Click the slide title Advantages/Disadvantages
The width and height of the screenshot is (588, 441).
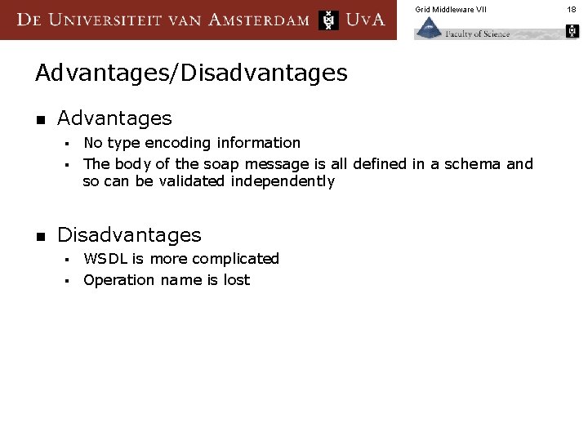[191, 73]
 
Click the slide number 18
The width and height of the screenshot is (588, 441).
[572, 9]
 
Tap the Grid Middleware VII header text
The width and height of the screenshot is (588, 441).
[450, 9]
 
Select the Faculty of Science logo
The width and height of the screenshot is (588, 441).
[462, 29]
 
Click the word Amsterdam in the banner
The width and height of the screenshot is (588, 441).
[260, 20]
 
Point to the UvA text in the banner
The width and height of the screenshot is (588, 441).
[365, 20]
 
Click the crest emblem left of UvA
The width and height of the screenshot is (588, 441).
[328, 20]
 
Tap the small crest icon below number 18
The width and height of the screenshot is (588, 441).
[572, 32]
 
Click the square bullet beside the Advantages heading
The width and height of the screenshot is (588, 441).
[40, 120]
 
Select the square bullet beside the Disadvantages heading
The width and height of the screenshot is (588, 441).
[40, 236]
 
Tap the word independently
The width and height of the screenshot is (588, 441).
[283, 181]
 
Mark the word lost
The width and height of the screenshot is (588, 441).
[236, 280]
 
